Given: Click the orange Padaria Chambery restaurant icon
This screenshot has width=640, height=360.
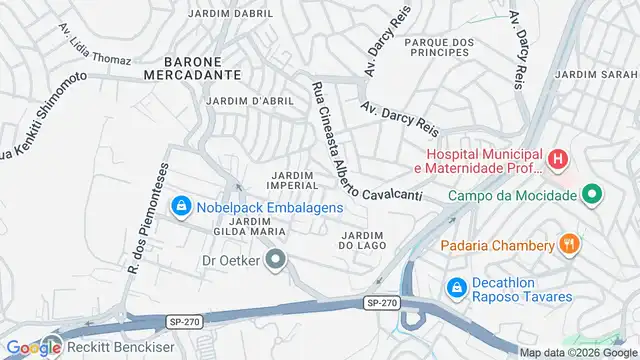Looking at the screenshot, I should [x=570, y=243].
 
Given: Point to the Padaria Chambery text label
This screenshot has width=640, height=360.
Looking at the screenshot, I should [x=498, y=246].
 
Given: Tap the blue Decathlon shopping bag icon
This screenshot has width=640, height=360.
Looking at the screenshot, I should [x=456, y=287].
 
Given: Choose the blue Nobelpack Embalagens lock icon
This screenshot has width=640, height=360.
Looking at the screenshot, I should [x=181, y=207].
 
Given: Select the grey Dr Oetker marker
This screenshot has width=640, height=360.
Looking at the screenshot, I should [x=278, y=261].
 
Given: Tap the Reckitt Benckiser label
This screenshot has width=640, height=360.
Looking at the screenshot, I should [x=110, y=347].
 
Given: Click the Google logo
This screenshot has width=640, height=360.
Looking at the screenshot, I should [x=32, y=347].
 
